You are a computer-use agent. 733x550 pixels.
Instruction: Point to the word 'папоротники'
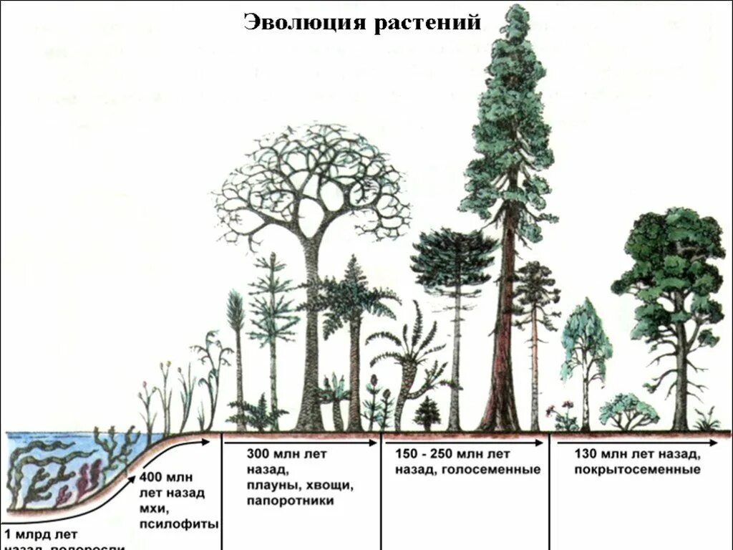tap(291, 501)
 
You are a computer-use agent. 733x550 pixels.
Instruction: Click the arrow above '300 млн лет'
tap(301, 443)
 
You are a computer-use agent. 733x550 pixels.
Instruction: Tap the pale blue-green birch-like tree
tap(586, 337)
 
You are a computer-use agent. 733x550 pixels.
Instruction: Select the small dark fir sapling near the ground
tap(428, 414)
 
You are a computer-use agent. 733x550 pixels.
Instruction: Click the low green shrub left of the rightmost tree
tap(628, 411)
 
